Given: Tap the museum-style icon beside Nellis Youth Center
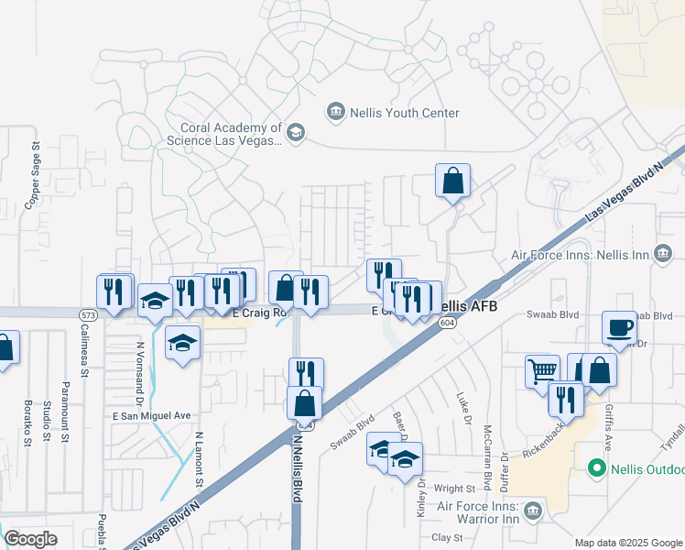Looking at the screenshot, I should click(335, 113).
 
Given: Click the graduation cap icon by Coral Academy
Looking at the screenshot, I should click(295, 134).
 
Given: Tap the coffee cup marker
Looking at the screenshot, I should click(619, 327).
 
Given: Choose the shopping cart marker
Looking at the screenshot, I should click(542, 370).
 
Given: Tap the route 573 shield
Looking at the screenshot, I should click(88, 315).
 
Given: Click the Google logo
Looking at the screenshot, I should click(30, 538).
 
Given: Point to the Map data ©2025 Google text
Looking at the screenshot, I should click(627, 543).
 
